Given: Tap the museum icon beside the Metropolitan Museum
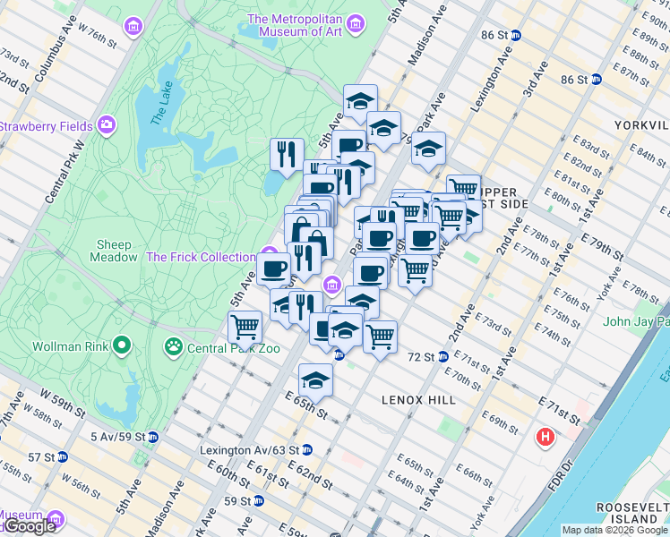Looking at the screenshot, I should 356,22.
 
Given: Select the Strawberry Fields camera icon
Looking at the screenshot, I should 107,125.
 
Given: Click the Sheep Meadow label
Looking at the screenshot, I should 113,251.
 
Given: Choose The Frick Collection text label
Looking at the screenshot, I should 201,257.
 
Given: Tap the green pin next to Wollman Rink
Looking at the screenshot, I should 122,345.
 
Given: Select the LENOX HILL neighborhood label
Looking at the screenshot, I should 418,399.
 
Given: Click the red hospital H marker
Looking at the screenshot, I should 544,438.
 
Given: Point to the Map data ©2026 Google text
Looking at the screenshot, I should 614,530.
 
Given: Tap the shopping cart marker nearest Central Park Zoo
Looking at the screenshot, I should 245,328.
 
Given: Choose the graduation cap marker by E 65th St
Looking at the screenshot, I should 315,380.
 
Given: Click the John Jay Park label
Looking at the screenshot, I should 636,321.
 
